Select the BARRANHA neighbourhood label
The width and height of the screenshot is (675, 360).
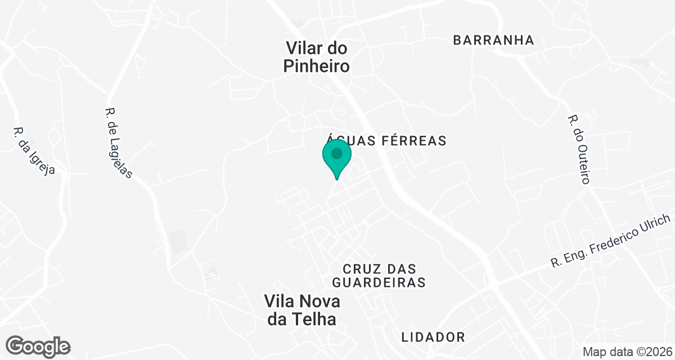click(x=493, y=40)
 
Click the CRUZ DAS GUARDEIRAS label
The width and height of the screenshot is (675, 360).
click(x=378, y=275)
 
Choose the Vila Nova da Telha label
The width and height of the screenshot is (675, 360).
click(x=303, y=310)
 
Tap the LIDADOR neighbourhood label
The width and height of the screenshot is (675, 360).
click(x=433, y=337)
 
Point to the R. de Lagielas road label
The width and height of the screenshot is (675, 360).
click(x=119, y=143)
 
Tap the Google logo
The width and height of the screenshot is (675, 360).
click(x=38, y=346)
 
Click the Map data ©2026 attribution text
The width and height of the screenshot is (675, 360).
click(x=627, y=352)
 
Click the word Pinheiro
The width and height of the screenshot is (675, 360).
click(x=317, y=66)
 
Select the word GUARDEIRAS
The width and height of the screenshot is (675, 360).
click(x=378, y=282)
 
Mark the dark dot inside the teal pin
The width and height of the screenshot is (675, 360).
click(x=337, y=153)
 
